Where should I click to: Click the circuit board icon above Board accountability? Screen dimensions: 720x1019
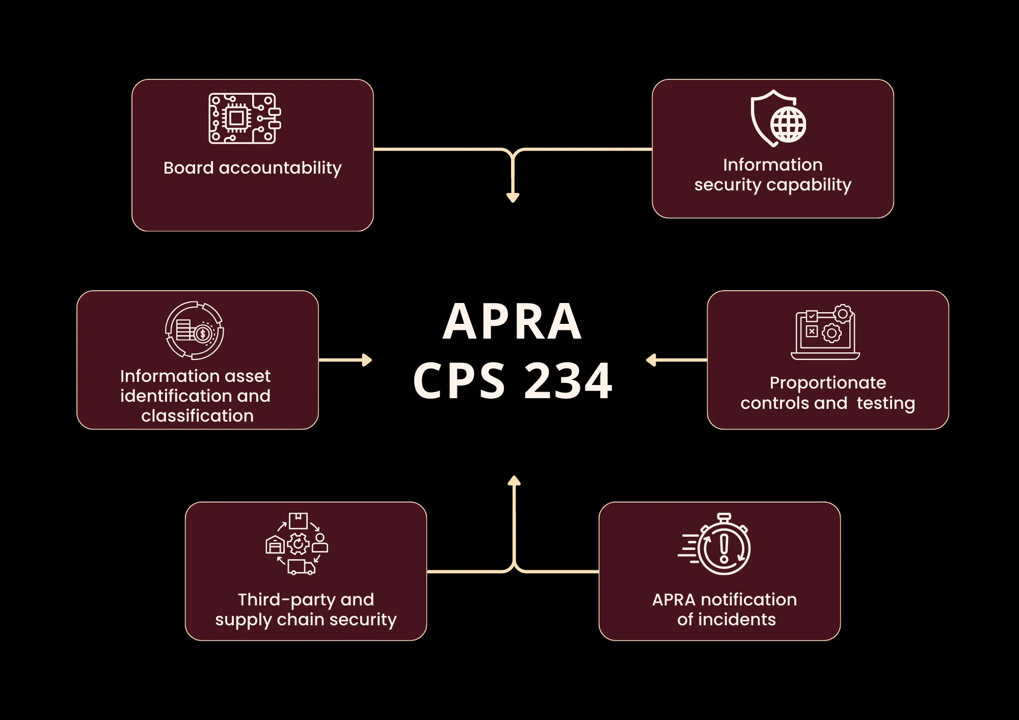pos(245,118)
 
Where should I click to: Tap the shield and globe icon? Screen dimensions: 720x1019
pos(778,119)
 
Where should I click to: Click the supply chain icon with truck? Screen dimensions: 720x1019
pos(297,544)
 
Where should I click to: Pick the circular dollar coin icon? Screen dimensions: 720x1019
pos(195,330)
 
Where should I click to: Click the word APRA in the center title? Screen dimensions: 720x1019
pos(512,322)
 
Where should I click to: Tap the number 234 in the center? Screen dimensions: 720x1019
pos(568,381)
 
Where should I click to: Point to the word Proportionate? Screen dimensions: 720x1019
pos(828,382)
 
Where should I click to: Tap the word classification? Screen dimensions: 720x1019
pos(197,416)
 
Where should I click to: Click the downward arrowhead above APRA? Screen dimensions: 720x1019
pos(513,198)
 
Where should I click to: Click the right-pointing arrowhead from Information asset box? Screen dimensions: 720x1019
pos(367,360)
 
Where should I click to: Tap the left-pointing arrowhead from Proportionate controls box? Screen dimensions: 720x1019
pos(651,360)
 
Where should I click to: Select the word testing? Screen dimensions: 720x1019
pos(886,403)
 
